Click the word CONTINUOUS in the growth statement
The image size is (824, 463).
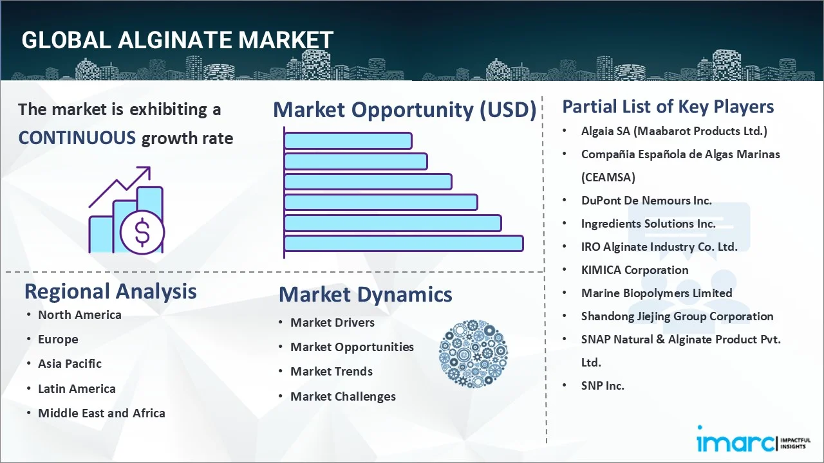coord(77,138)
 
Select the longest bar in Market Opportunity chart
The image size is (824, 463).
coord(403,243)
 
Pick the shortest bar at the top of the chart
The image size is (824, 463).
coord(348,140)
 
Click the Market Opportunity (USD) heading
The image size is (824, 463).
coord(404,110)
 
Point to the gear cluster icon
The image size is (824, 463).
coord(473,354)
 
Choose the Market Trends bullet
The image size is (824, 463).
coord(331,372)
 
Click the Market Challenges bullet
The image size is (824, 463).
coord(342,397)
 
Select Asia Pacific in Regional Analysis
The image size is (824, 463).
coord(70,364)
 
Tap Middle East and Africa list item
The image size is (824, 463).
coord(101,413)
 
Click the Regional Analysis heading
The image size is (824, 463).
coord(110,291)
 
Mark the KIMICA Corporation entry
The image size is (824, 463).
coord(634,270)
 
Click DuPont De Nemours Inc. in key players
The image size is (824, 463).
coord(646,201)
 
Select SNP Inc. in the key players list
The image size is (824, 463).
coord(603,386)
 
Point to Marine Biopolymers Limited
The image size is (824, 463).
coord(656,293)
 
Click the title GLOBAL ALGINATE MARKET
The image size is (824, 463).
coord(177,40)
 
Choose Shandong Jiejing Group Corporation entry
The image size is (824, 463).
coord(677,316)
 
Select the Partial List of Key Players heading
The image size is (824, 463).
coord(668,107)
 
